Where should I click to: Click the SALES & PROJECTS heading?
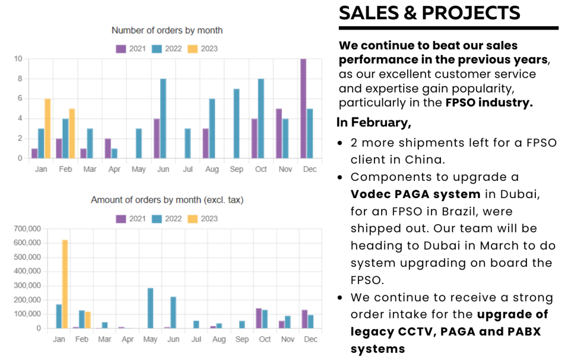coord(429,12)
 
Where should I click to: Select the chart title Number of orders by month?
coord(167,31)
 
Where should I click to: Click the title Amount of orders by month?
coord(167,200)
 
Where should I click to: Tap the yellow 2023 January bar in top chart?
coord(48,128)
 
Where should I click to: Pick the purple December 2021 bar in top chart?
coord(303,109)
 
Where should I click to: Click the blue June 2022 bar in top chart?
coord(164,118)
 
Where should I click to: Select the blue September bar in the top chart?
coord(236,123)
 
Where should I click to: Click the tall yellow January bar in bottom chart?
coord(65,283)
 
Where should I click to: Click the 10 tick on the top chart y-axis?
coord(18,59)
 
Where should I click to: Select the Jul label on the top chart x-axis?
coord(187,169)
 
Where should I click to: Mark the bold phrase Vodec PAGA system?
coord(416,194)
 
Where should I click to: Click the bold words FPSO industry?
coord(489,103)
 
